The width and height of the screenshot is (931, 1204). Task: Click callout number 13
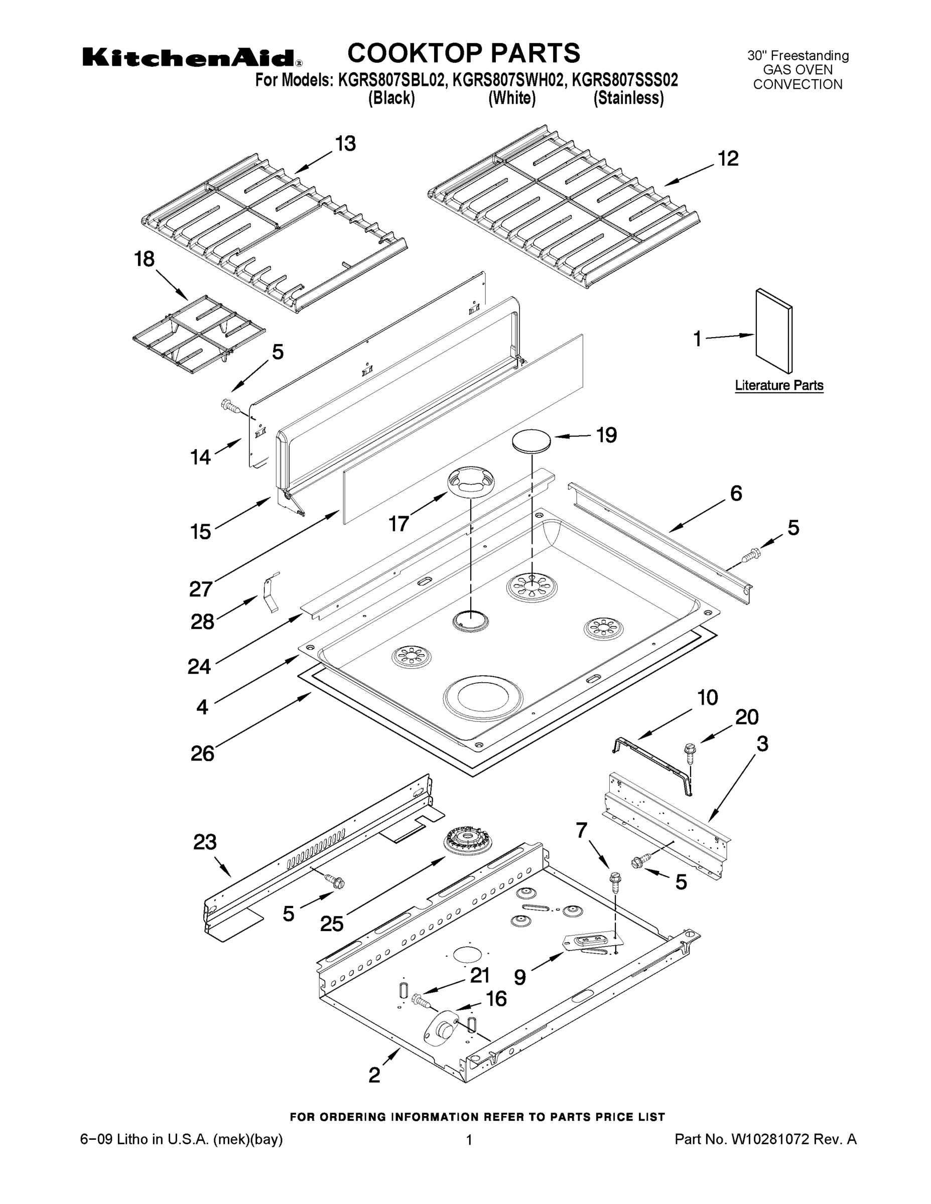pos(346,144)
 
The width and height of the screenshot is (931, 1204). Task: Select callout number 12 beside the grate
pos(728,159)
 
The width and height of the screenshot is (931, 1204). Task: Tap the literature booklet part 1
pos(773,331)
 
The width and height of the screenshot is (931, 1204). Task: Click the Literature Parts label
pos(779,385)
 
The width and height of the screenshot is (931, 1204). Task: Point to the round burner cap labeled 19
pos(531,441)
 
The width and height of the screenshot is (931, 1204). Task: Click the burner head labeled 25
pos(468,842)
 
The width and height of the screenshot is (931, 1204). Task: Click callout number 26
pos(202,753)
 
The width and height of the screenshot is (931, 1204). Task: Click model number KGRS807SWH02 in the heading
pos(509,80)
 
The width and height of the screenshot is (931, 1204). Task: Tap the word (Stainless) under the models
pos(628,98)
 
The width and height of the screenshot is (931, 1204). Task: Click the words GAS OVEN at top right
pos(797,70)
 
